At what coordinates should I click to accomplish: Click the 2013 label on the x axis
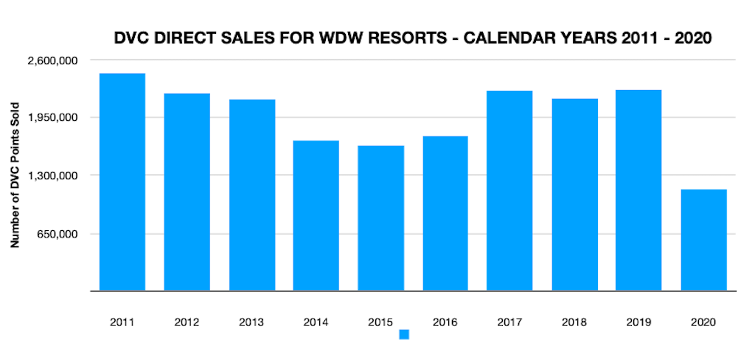251,322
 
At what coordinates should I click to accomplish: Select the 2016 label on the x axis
445,322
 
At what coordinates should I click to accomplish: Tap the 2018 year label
574,322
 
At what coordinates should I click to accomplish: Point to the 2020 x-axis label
703,322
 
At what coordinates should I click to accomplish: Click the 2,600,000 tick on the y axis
54,60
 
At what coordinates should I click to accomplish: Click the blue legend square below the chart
404,334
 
